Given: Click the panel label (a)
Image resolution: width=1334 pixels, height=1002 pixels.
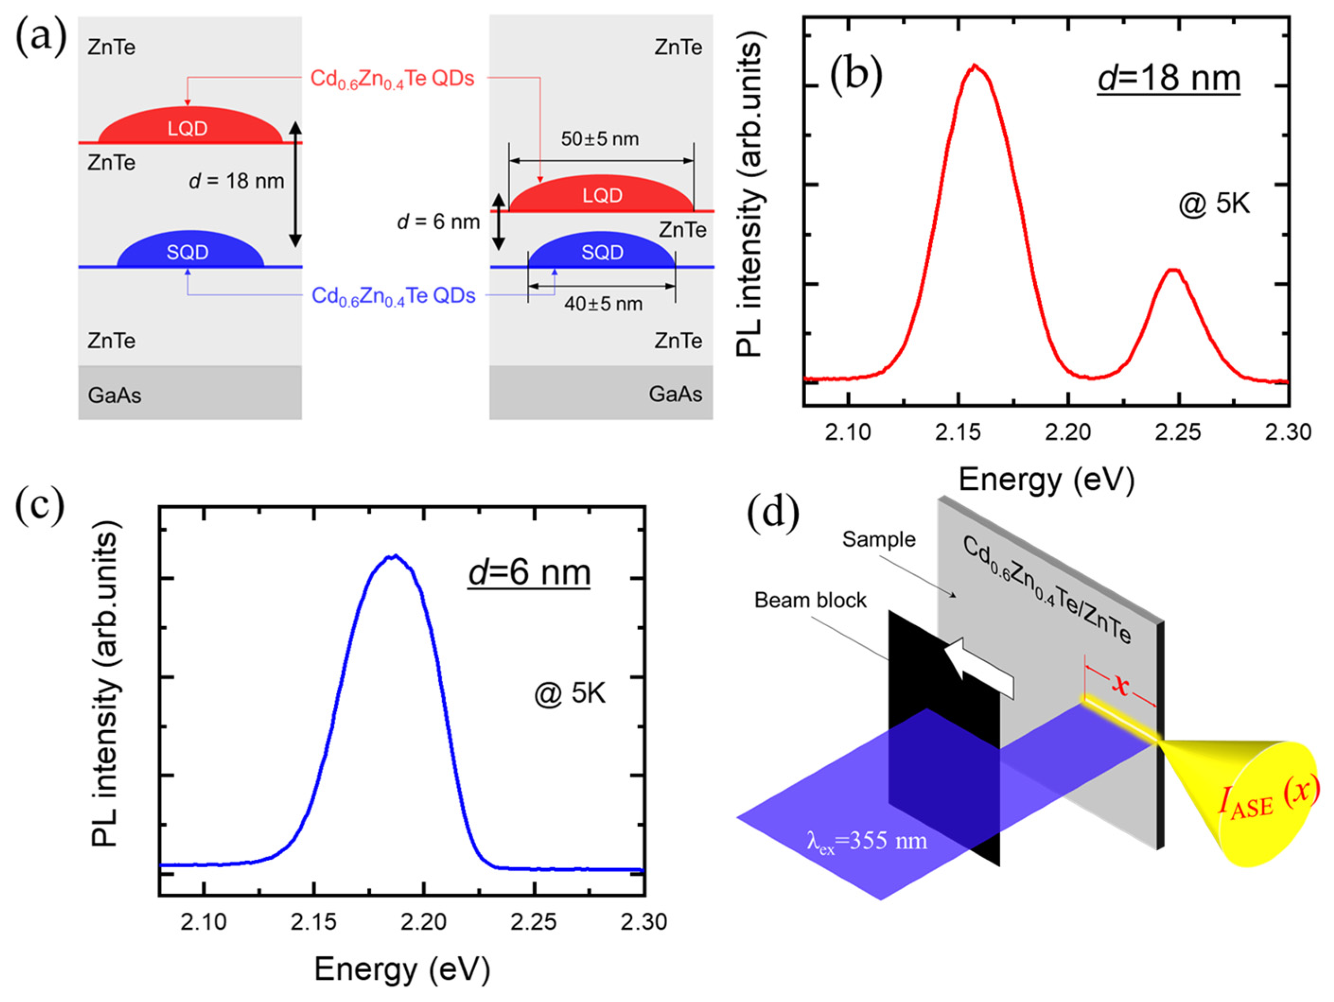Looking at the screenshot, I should [40, 40].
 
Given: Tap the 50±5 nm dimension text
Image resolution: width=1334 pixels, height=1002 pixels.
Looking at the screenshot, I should [600, 139].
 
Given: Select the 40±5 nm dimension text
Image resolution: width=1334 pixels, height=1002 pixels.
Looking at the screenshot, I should [603, 304].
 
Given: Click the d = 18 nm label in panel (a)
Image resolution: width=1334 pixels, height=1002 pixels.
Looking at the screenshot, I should [236, 181].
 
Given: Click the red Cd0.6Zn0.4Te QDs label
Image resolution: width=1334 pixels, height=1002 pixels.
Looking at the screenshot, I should [392, 79].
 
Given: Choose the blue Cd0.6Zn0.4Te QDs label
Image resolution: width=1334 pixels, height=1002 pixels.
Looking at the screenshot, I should [393, 296].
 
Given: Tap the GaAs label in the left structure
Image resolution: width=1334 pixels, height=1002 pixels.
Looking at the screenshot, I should [114, 396].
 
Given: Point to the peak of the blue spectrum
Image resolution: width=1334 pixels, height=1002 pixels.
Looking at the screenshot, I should [393, 556].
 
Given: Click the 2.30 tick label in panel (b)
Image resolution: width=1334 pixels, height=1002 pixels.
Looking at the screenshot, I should [1289, 432].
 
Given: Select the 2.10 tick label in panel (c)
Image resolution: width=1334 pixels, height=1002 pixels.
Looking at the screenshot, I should [204, 922].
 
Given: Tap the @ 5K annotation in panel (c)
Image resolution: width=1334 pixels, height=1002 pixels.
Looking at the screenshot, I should [569, 694].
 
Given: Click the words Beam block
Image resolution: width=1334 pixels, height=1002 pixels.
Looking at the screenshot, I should [810, 600].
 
